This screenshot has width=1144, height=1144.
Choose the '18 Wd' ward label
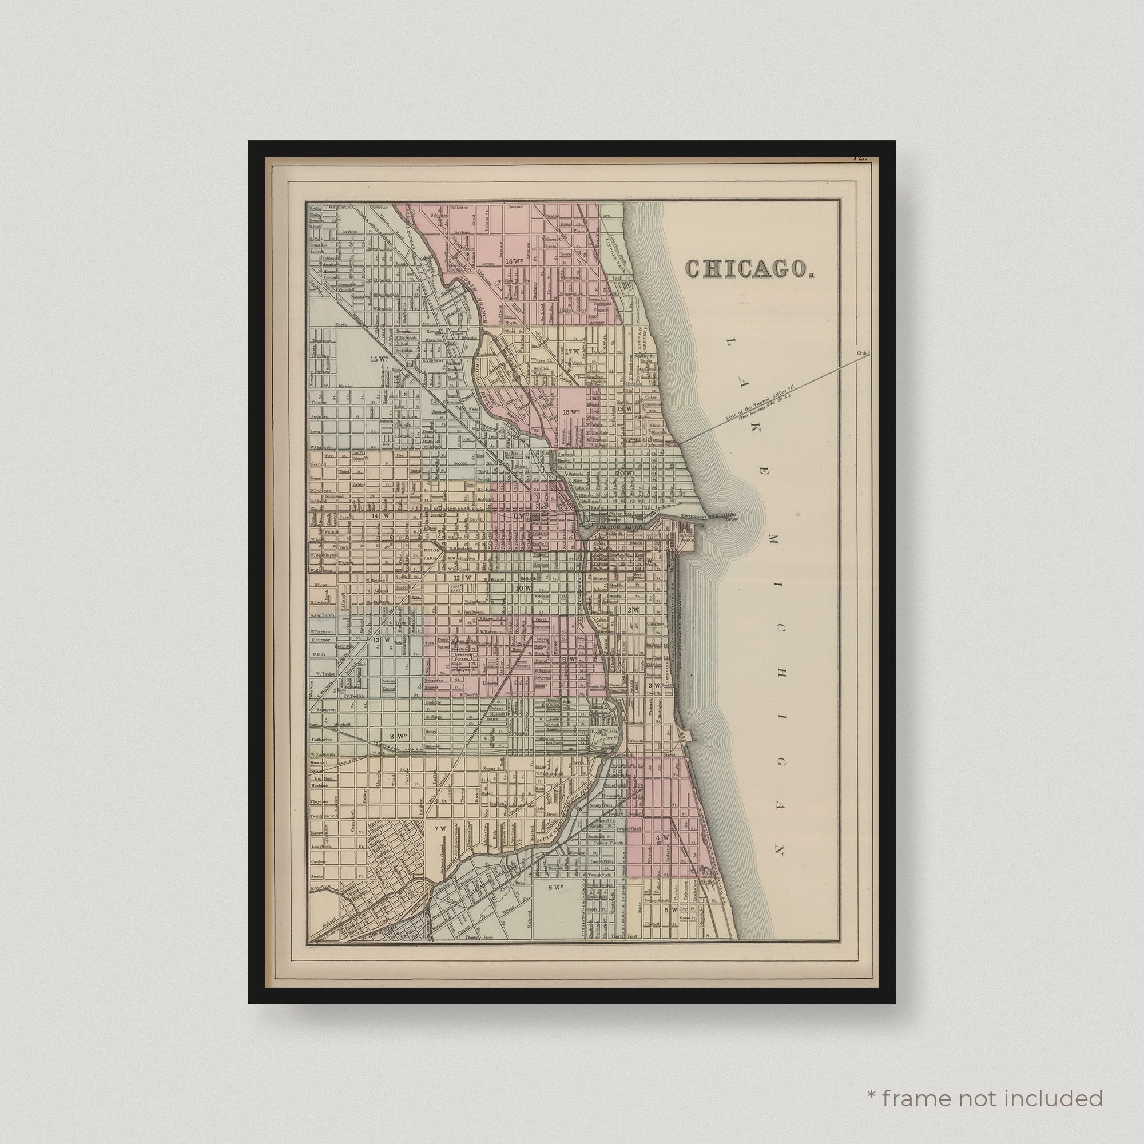tap(571, 412)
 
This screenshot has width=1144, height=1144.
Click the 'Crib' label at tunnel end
tap(861, 353)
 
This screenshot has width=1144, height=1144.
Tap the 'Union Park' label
tap(432, 554)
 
